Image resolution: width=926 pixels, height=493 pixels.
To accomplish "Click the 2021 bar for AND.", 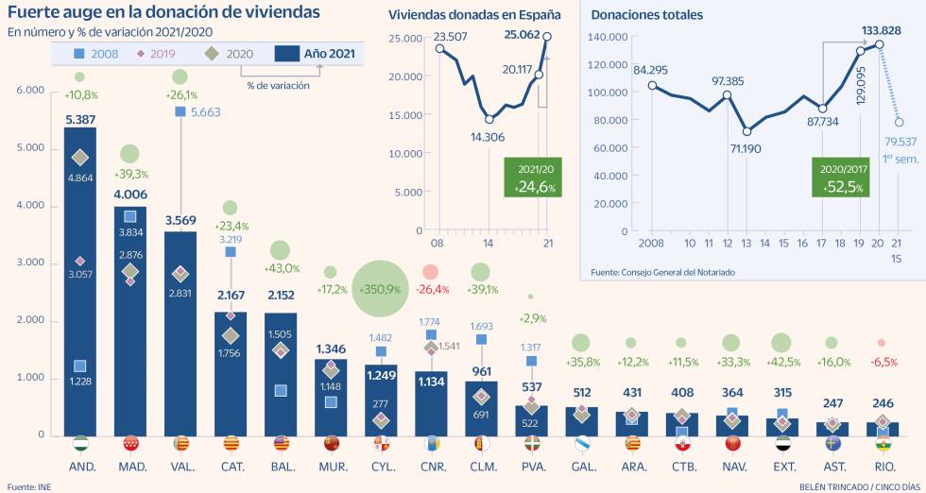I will tap(80, 283).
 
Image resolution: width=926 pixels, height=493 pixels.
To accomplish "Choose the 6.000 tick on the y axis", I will tap(30, 91).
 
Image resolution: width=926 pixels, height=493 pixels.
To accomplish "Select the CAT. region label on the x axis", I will tap(231, 467).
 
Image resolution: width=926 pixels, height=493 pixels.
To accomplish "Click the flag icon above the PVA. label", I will tap(532, 444).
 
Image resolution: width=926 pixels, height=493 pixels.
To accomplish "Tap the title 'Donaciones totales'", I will tap(646, 16).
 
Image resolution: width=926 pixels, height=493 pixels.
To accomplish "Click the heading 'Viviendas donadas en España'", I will tap(474, 16).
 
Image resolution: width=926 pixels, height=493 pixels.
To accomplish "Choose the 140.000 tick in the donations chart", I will tap(606, 37).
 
